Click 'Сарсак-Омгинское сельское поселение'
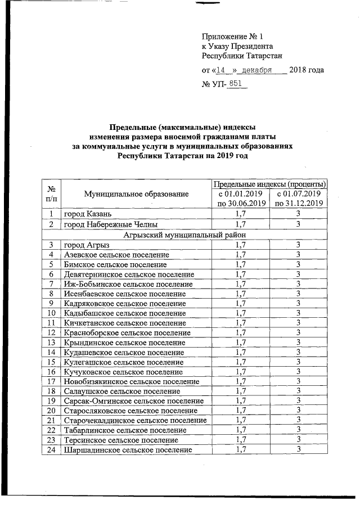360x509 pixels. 134,400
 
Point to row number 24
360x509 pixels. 51,450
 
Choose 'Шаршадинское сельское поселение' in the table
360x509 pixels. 128,450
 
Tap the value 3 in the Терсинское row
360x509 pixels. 299,440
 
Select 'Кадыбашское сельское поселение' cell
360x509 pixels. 125,313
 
